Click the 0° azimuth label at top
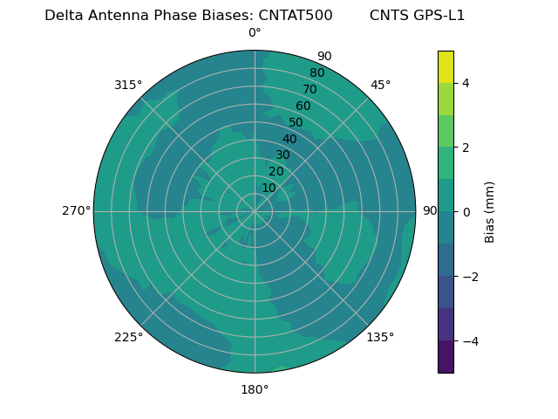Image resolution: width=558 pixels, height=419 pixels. pos(255,33)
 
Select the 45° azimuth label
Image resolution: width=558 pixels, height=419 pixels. pos(380,85)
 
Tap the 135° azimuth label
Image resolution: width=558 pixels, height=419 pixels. pos(380,337)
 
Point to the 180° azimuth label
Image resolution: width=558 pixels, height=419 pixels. pos(255,389)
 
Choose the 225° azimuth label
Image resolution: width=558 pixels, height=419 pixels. pos(128,337)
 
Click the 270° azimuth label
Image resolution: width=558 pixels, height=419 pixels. pos(76,210)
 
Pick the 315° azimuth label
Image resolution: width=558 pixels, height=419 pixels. pos(128,85)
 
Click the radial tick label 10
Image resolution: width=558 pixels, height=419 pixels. pos(269,188)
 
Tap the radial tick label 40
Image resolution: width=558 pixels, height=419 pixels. pos(289,139)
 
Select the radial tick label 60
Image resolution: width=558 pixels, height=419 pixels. pos(303,106)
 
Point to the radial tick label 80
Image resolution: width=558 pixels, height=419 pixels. pos(316,73)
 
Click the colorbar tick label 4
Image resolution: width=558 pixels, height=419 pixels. pos(466,83)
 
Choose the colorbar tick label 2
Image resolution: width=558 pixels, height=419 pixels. pos(466,148)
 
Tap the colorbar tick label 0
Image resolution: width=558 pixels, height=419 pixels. pos(466,212)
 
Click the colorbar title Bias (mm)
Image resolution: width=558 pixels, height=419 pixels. pos(490,212)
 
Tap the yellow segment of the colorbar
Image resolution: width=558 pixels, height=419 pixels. pos(446,66)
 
